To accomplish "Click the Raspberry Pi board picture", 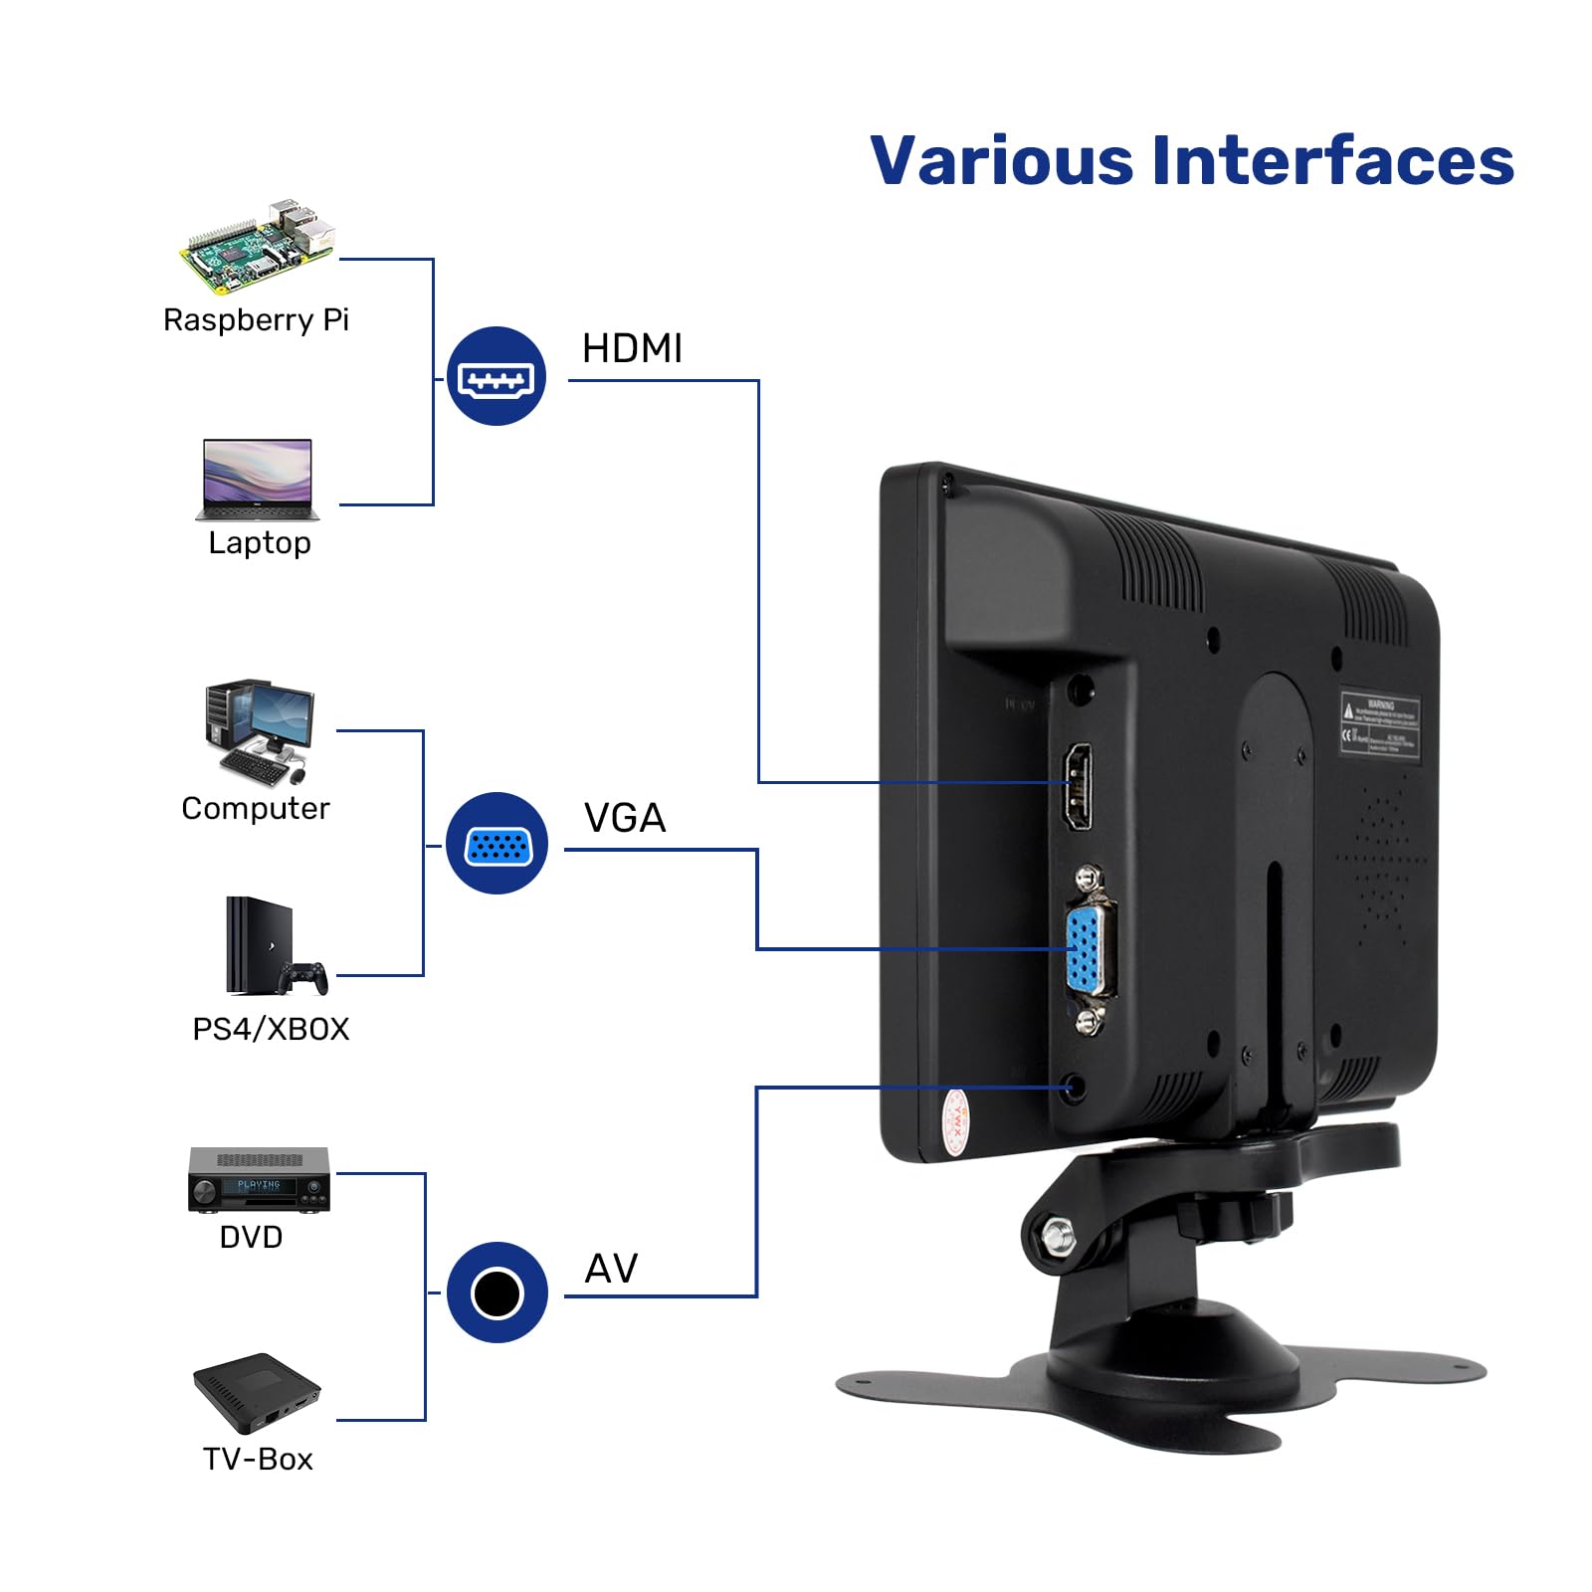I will click(x=258, y=246).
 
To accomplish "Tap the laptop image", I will click(x=258, y=480).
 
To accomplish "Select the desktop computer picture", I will click(x=260, y=733).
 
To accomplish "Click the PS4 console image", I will click(x=269, y=946).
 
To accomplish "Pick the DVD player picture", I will click(x=259, y=1180).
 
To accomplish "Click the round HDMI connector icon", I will click(x=496, y=377).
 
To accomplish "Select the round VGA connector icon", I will click(x=497, y=844).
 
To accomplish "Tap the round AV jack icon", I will click(x=497, y=1293).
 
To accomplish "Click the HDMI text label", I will click(x=632, y=349).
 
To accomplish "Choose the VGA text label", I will click(x=625, y=819).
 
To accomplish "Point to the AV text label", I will click(x=611, y=1269).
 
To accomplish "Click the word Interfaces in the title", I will click(x=1332, y=161).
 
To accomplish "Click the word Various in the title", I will click(x=1001, y=161).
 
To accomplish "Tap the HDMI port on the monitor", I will click(x=1078, y=786).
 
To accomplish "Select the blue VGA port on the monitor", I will click(x=1088, y=950).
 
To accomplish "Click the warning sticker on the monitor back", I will click(x=1379, y=724).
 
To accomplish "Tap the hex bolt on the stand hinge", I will click(x=1057, y=1237).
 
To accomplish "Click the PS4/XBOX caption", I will click(x=271, y=1029).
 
